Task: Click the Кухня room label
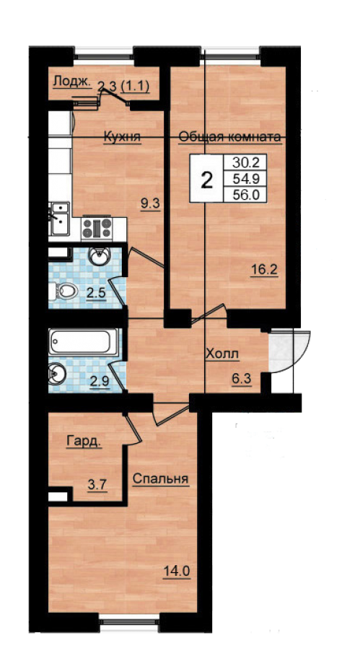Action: [x=122, y=137]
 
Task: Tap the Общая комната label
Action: [x=229, y=137]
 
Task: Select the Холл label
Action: [x=222, y=354]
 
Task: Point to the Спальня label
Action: [x=161, y=479]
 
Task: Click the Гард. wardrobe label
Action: [x=84, y=442]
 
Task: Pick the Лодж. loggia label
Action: [x=72, y=82]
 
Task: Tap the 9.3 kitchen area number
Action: [x=150, y=204]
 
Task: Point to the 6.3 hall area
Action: [x=242, y=378]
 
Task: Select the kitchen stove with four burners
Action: [x=97, y=229]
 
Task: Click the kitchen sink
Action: [x=59, y=219]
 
